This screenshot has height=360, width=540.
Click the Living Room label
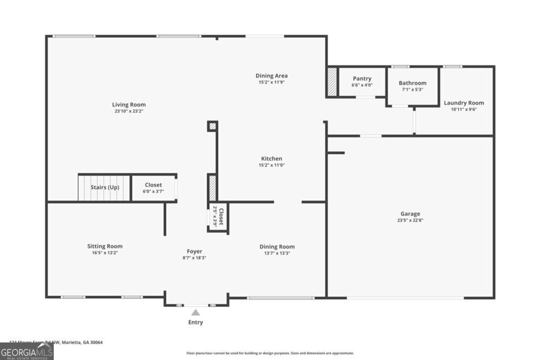[x=129, y=104]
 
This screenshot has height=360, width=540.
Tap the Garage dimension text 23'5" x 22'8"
[x=410, y=220]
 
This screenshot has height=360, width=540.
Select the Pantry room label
[x=362, y=79]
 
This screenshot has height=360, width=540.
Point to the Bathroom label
[x=412, y=83]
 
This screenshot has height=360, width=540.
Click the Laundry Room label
[x=464, y=103]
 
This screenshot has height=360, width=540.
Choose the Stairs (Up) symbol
[x=104, y=188]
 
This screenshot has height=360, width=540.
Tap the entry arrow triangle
[x=196, y=313]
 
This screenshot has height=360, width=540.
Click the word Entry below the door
[x=195, y=322]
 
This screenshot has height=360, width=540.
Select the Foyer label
[x=194, y=251]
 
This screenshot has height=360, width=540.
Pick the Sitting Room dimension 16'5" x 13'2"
[x=104, y=253]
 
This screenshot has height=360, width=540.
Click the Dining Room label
[x=277, y=247]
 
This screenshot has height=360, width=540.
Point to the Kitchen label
[x=272, y=159]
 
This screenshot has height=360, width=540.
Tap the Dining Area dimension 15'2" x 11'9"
[x=272, y=82]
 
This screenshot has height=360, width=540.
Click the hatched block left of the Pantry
[x=332, y=82]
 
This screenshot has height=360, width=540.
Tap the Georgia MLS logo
[x=26, y=351]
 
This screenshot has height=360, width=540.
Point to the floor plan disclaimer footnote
[x=270, y=353]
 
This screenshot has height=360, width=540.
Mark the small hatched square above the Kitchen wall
[x=212, y=126]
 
